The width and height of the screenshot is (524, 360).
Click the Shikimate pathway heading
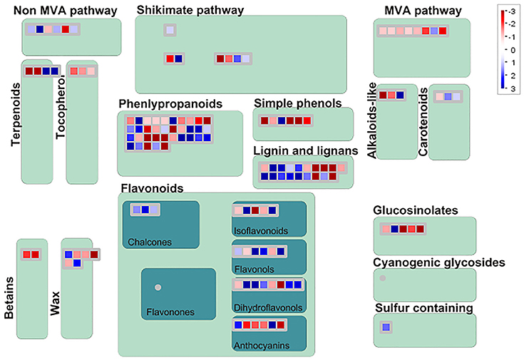click(x=190, y=10)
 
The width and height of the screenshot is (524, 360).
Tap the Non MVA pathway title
click(x=66, y=11)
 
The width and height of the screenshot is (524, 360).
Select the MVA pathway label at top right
click(x=423, y=11)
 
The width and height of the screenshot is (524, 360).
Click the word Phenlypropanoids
click(x=170, y=104)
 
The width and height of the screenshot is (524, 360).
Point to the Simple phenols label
click(x=298, y=103)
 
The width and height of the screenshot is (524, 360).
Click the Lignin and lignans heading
click(x=306, y=150)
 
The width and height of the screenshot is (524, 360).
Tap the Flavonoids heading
click(x=152, y=188)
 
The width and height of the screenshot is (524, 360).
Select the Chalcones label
click(x=150, y=242)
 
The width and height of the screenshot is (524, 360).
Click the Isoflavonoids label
click(x=261, y=231)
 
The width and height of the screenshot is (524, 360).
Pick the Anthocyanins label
click(x=262, y=345)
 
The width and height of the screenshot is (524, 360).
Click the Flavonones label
click(x=170, y=312)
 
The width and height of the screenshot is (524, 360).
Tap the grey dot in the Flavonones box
click(x=158, y=287)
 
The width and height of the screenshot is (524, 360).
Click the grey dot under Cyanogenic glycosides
click(x=383, y=278)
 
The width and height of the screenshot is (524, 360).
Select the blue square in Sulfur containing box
click(x=386, y=327)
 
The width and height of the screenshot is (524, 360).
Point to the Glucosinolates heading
click(x=416, y=210)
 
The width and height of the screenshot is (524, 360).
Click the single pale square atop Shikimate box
click(x=170, y=30)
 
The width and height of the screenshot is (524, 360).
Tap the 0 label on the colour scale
click(x=513, y=50)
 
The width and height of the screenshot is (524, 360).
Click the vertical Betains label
click(x=9, y=298)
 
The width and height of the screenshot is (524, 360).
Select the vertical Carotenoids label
click(x=423, y=122)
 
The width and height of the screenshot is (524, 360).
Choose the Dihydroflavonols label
click(x=268, y=307)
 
